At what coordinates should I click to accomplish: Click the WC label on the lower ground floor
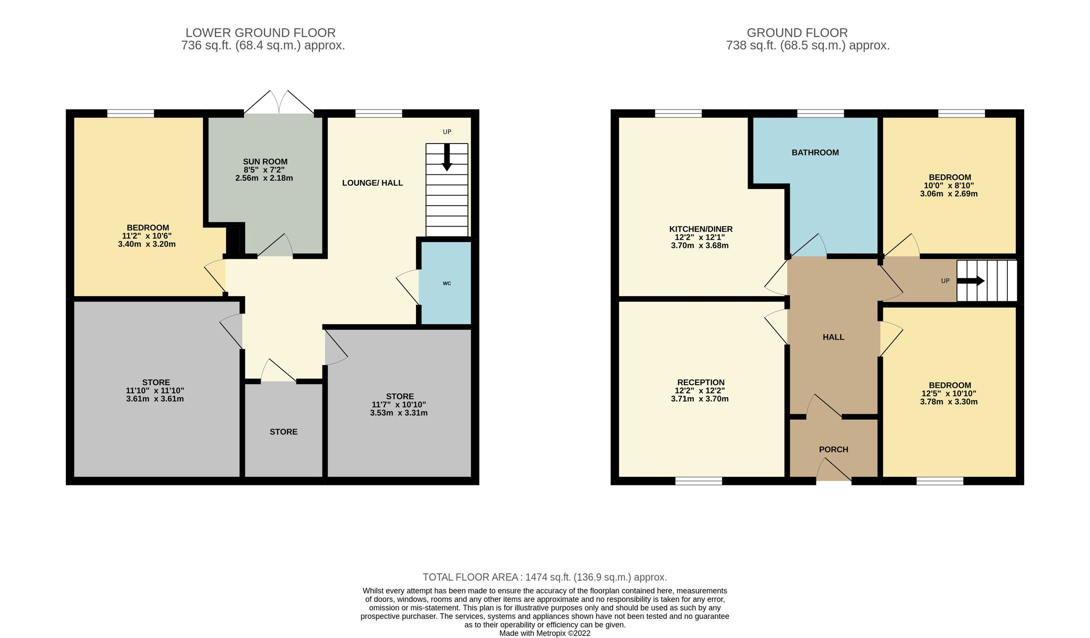pyautogui.click(x=446, y=283)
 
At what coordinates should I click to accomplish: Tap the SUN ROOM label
pyautogui.click(x=265, y=162)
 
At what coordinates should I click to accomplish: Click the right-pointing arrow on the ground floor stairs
pyautogui.click(x=971, y=281)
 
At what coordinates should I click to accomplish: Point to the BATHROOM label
pyautogui.click(x=815, y=153)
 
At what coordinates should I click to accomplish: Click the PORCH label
pyautogui.click(x=833, y=449)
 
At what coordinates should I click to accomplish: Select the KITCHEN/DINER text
pyautogui.click(x=700, y=229)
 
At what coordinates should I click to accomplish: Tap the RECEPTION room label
pyautogui.click(x=700, y=382)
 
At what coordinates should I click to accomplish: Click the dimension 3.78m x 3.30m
pyautogui.click(x=948, y=401)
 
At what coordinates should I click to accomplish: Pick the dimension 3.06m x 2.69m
pyautogui.click(x=948, y=194)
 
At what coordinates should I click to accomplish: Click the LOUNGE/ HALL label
pyautogui.click(x=372, y=183)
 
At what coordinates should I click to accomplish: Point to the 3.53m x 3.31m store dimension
pyautogui.click(x=398, y=413)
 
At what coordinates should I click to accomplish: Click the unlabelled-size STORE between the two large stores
pyautogui.click(x=283, y=432)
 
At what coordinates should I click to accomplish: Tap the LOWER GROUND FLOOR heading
pyautogui.click(x=260, y=33)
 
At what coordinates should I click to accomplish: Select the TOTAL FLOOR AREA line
pyautogui.click(x=545, y=577)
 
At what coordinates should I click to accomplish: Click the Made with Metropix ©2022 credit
pyautogui.click(x=545, y=633)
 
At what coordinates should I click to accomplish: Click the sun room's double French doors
pyautogui.click(x=279, y=102)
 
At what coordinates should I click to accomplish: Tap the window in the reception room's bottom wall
pyautogui.click(x=699, y=481)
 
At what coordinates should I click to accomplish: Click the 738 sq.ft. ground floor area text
pyautogui.click(x=807, y=45)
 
